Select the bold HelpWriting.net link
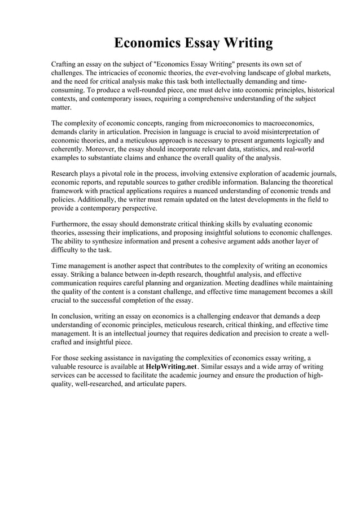point(171,366)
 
